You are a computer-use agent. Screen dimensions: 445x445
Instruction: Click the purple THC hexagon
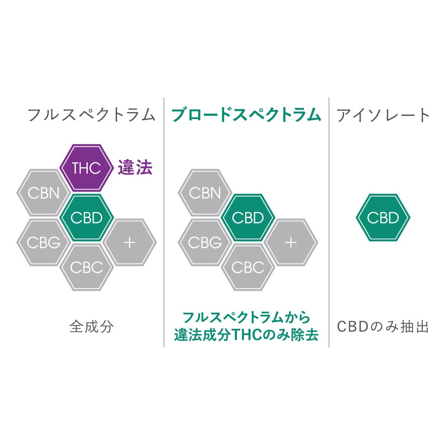tap(87, 168)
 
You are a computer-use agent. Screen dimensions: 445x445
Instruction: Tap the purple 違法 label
tap(135, 167)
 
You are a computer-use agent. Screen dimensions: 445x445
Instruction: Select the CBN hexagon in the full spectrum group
tap(43, 193)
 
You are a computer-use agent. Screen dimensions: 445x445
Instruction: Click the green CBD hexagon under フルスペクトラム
tap(87, 218)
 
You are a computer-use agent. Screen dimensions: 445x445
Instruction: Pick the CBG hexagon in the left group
tap(43, 243)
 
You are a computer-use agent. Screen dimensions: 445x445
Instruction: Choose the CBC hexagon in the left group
tap(87, 267)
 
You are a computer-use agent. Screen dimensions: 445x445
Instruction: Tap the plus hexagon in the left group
tap(130, 243)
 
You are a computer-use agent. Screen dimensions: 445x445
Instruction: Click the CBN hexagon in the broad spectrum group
tap(205, 193)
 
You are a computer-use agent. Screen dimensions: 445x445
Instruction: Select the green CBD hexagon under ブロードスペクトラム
tap(248, 218)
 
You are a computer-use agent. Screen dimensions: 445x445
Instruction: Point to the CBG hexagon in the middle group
tap(205, 243)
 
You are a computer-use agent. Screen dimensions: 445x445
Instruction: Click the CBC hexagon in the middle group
tap(248, 267)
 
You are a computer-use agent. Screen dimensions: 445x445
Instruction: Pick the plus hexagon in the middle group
tap(291, 243)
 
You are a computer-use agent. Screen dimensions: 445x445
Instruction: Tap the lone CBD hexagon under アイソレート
tap(383, 218)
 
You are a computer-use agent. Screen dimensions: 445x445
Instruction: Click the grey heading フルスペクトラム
tap(91, 115)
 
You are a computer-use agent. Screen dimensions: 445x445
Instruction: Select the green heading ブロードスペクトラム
tap(246, 115)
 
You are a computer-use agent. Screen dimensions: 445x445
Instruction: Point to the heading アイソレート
tap(383, 115)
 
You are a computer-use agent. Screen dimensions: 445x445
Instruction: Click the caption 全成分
tap(91, 326)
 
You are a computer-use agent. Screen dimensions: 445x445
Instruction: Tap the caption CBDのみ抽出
tap(382, 326)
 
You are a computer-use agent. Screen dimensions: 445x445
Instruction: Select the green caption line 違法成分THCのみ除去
tap(246, 335)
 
